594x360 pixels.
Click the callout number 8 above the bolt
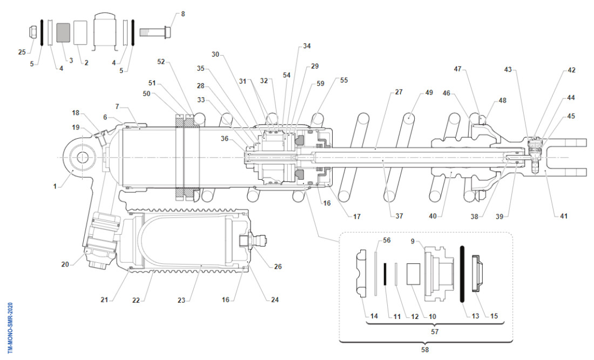point(183,13)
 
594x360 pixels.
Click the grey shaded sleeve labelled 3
point(64,33)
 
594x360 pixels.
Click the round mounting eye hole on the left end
point(83,158)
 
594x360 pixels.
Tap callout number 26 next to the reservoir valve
point(278,266)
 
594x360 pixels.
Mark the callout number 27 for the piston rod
point(399,92)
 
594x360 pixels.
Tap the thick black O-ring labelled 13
point(462,273)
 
